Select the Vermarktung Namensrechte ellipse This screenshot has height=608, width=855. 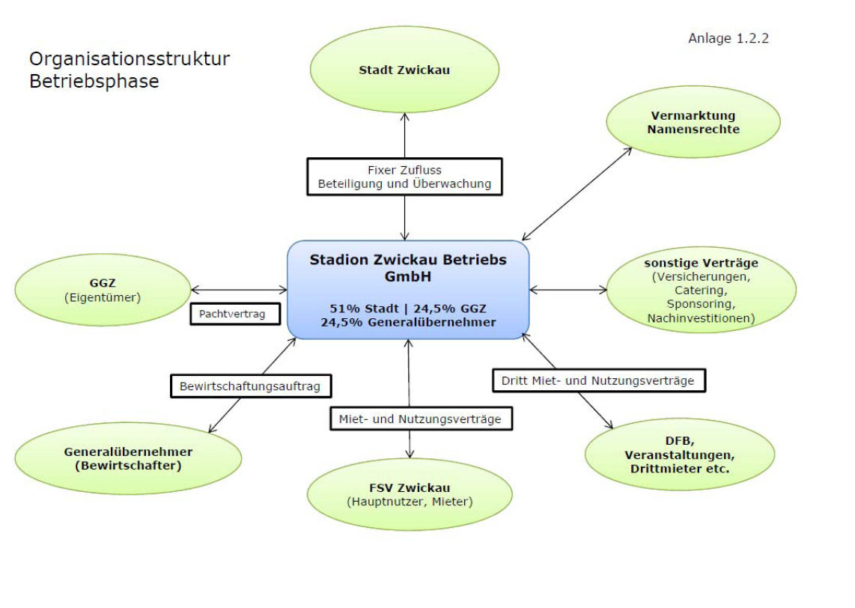click(693, 123)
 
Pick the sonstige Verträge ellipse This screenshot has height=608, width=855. click(701, 291)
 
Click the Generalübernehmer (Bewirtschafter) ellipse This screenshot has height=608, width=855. click(128, 458)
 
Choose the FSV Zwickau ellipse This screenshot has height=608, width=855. click(410, 494)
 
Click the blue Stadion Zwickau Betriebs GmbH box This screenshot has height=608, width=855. click(408, 290)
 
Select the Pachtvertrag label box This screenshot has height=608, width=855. click(232, 314)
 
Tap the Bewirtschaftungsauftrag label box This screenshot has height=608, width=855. click(250, 386)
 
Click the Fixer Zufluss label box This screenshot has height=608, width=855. click(404, 177)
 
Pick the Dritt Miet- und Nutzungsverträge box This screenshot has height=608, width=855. click(599, 380)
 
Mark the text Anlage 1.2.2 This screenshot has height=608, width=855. click(728, 38)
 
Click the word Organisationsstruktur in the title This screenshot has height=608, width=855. click(130, 58)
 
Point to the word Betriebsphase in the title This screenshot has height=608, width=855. click(94, 81)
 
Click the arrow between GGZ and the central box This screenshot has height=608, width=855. click(239, 289)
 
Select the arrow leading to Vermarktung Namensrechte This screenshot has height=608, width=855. click(576, 193)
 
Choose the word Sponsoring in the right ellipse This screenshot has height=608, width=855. click(702, 305)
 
